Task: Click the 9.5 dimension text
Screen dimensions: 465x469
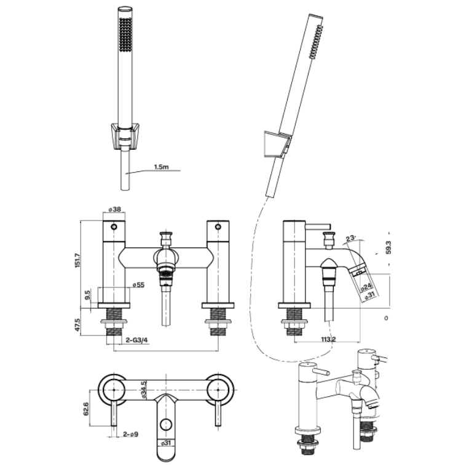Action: [89, 296]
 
